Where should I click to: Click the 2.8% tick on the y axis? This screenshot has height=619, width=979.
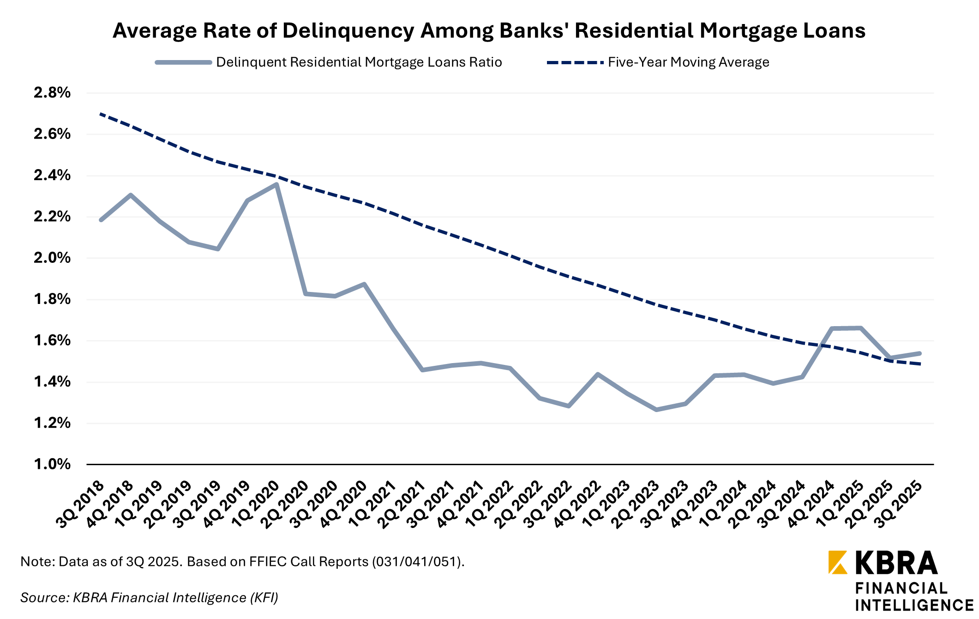click(52, 93)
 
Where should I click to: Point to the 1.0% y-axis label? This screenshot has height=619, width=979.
click(52, 464)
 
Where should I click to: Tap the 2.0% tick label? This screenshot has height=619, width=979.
click(52, 258)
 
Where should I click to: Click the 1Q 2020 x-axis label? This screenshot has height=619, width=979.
click(256, 504)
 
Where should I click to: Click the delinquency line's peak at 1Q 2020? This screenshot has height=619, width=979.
click(276, 185)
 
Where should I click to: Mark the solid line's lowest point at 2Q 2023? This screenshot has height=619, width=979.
click(656, 410)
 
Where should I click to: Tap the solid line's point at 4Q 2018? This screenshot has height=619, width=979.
click(131, 195)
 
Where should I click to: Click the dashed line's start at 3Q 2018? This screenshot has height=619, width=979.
click(101, 114)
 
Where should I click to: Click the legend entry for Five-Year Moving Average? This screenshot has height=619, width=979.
click(688, 62)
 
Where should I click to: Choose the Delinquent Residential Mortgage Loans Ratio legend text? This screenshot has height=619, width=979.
click(359, 62)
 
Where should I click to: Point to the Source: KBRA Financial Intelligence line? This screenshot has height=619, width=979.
click(149, 598)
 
